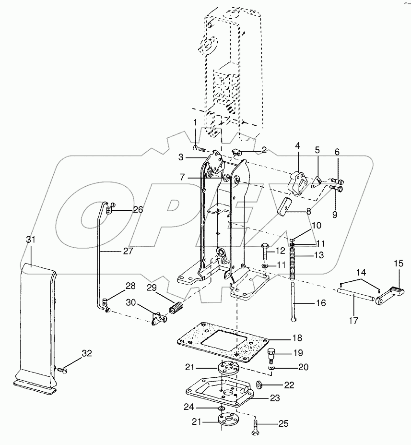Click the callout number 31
click(31, 239)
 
